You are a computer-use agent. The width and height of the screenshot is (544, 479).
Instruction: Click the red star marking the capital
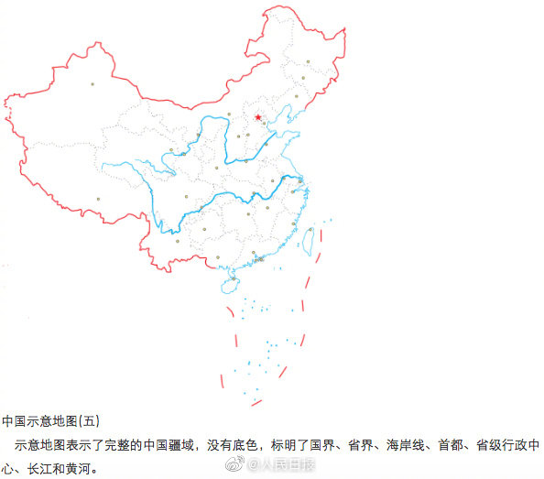(258, 117)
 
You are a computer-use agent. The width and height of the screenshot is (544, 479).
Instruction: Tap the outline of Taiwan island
(308, 240)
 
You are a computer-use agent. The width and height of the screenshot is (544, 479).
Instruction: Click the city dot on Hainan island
(233, 278)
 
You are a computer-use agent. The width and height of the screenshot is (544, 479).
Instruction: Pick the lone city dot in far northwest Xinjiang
(92, 85)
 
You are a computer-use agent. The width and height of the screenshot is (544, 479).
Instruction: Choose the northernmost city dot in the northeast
(309, 62)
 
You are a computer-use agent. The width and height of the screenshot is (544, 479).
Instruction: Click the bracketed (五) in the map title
(88, 421)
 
